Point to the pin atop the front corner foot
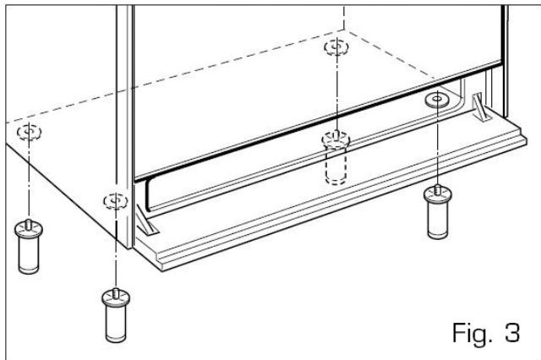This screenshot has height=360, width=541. pyautogui.click(x=112, y=292)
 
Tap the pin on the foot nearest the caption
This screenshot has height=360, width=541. pyautogui.click(x=436, y=191)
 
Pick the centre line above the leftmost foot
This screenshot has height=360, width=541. pyautogui.click(x=29, y=177)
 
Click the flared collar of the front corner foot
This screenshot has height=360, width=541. pyautogui.click(x=112, y=301)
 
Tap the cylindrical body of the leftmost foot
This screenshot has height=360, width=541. pyautogui.click(x=28, y=253)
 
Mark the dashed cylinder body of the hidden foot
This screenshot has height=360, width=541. pyautogui.click(x=336, y=168)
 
